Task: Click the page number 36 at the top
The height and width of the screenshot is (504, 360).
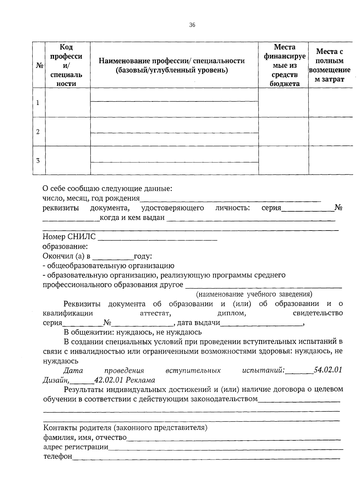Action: pos(192,25)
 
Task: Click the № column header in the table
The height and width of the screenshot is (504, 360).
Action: pos(39,65)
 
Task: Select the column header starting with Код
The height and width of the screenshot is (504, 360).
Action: pos(66,65)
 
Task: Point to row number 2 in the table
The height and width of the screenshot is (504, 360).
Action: pos(38,131)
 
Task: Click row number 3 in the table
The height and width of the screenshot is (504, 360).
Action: pos(38,160)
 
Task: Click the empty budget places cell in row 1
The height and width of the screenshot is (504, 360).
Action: pos(283,102)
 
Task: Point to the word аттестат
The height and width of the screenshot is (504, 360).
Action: pos(155,313)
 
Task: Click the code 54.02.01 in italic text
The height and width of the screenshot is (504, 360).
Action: pos(328,370)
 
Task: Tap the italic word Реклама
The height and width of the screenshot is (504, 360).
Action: pos(140,380)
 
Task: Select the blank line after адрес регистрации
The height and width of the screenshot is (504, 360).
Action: pos(226,447)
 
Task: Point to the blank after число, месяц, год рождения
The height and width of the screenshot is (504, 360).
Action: pos(230,198)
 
